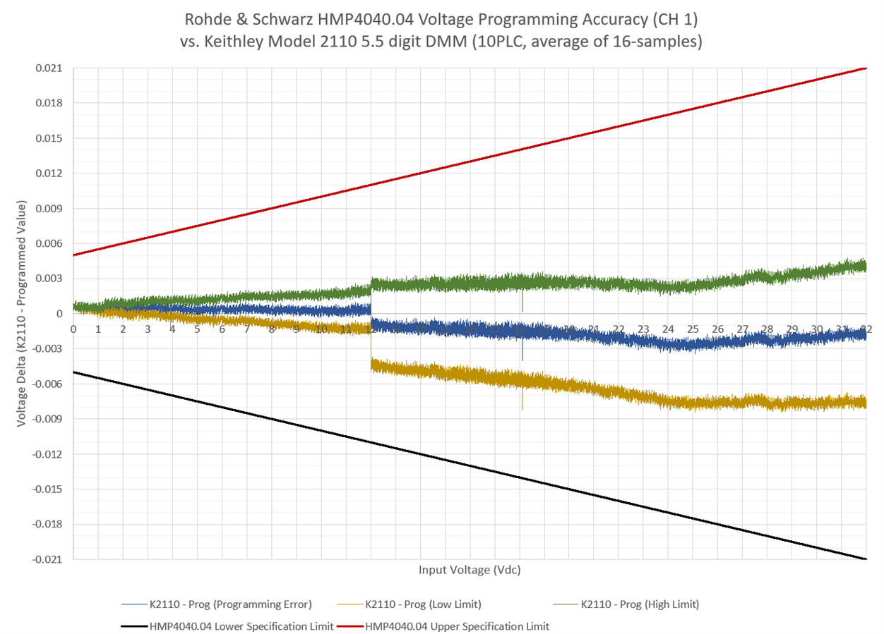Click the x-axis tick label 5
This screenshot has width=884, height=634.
(x=197, y=329)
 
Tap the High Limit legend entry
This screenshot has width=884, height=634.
(x=639, y=604)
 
